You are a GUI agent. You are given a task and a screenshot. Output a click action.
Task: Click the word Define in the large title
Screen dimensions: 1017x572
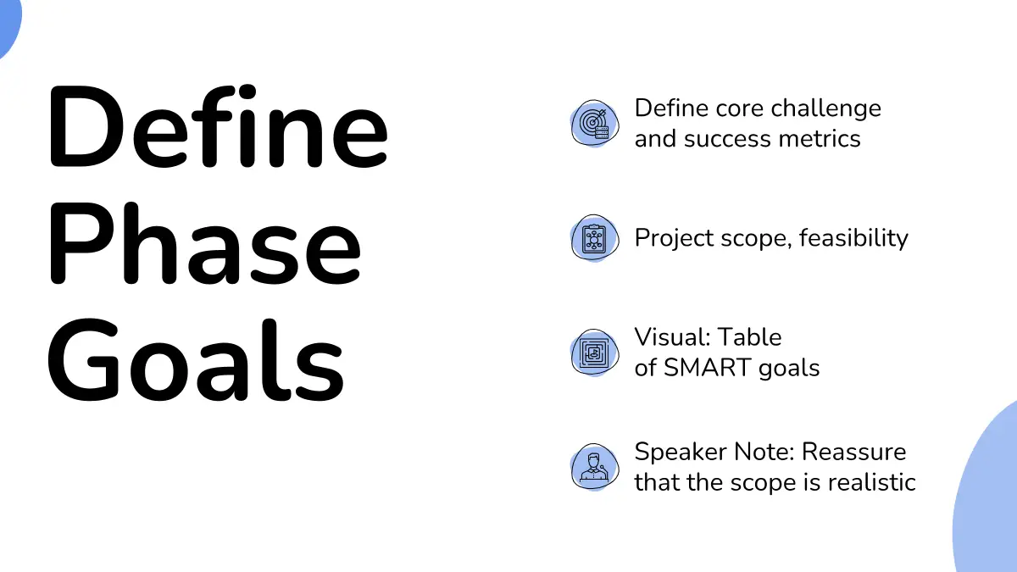219,126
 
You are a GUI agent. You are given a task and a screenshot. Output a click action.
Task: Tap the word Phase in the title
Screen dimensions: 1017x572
205,243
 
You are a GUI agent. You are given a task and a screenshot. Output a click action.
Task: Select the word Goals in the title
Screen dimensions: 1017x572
196,359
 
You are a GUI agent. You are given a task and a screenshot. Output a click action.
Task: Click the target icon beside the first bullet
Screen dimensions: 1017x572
595,124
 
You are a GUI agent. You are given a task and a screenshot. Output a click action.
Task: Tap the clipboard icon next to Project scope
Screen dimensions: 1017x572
595,238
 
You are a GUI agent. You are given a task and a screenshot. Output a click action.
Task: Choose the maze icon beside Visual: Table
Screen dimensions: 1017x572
595,353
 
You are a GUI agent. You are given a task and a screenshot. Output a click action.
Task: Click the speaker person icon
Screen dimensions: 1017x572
595,467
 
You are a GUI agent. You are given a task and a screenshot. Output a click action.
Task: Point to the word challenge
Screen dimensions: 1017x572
825,109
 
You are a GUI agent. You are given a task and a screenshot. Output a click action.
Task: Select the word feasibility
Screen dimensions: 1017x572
853,238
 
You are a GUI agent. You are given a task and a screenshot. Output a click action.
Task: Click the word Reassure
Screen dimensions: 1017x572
854,453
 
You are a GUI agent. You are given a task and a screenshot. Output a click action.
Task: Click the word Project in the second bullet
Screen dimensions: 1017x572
675,238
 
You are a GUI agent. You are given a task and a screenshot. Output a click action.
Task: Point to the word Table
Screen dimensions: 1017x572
749,337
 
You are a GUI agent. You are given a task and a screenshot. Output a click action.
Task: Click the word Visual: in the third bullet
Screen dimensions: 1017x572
671,337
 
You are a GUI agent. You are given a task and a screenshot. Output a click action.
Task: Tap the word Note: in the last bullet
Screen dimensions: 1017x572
764,453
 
